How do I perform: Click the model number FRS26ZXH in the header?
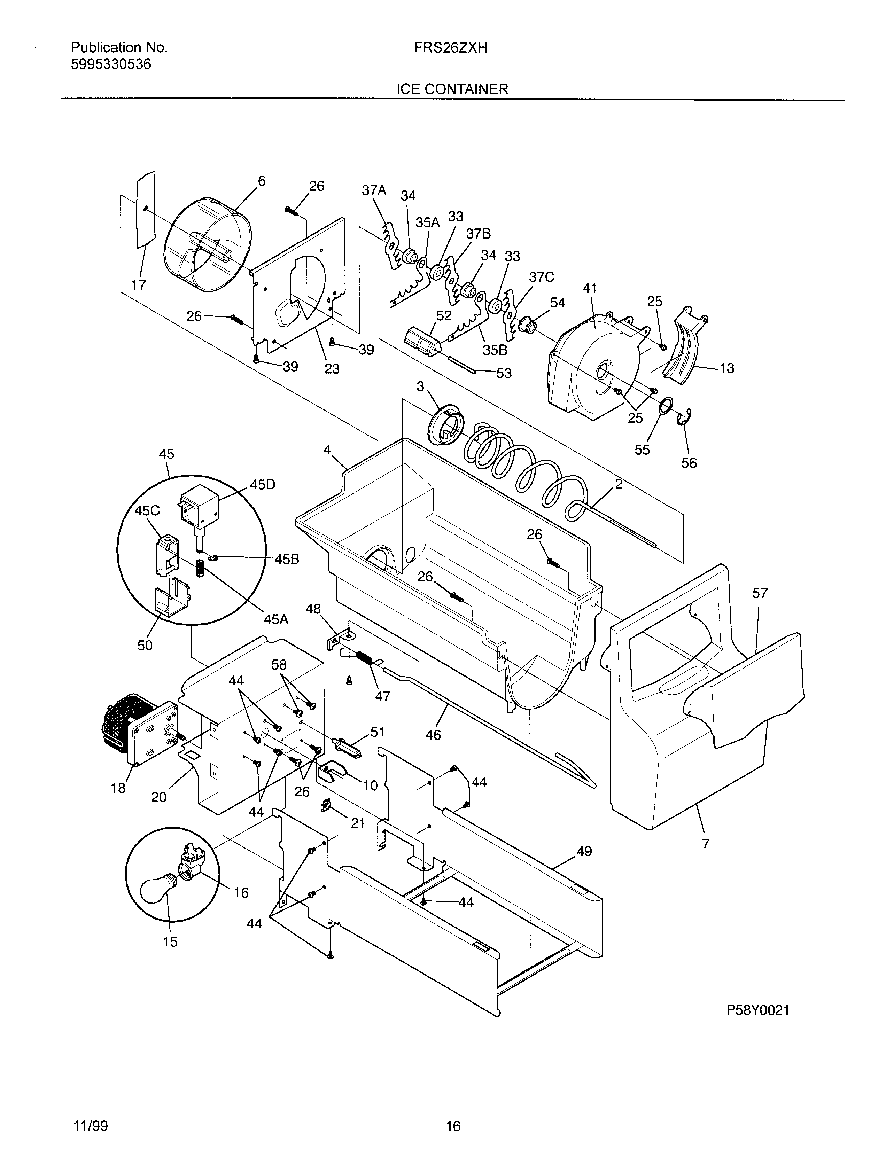450,48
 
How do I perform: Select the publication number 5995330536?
110,64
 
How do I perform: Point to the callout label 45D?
263,485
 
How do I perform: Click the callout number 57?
760,593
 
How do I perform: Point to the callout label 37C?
541,277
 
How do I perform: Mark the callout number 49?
584,851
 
